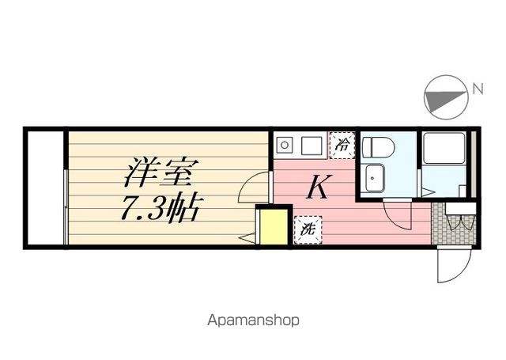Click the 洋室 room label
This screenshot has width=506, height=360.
160,170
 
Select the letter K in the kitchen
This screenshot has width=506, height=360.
317,188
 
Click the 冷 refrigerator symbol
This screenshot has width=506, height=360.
342,146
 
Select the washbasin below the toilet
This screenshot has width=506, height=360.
372,178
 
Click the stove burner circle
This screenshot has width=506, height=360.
284,146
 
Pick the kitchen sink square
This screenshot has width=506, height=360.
312,146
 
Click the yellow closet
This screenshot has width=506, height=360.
273,227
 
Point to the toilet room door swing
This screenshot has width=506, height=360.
398,213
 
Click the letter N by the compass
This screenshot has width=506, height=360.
478,89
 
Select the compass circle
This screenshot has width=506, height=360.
444,97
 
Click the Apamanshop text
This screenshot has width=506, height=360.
253,321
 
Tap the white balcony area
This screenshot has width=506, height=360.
45,188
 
